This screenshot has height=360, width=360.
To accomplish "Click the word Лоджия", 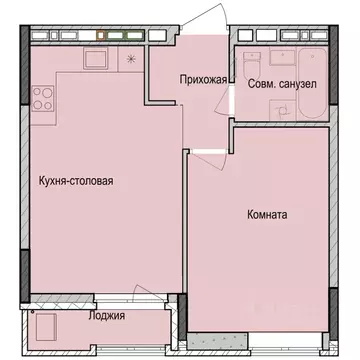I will pyautogui.click(x=107, y=316).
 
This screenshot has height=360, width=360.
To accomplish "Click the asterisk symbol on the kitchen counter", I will pyautogui.click(x=131, y=59).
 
